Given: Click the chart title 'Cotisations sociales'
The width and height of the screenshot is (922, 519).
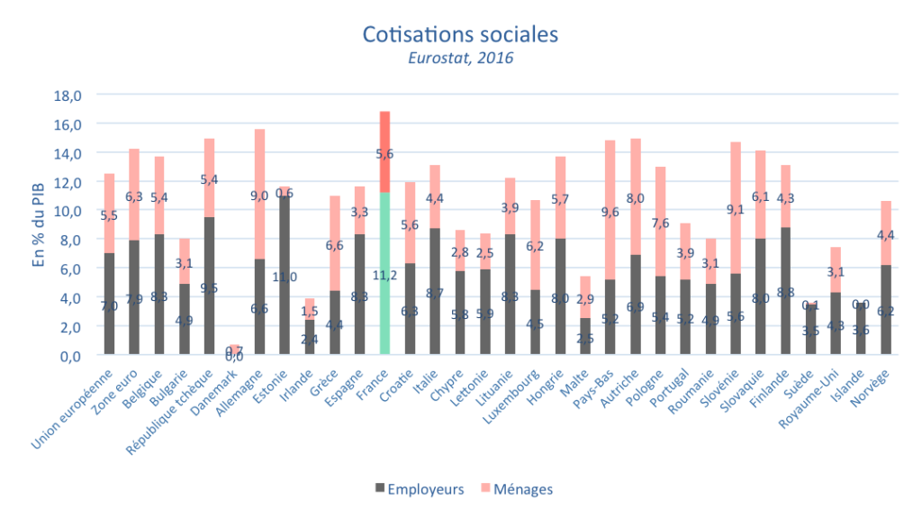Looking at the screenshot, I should pyautogui.click(x=460, y=34).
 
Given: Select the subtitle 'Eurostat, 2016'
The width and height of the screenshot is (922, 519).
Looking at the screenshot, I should pyautogui.click(x=460, y=59).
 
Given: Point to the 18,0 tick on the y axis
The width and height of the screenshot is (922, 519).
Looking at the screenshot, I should pyautogui.click(x=69, y=95).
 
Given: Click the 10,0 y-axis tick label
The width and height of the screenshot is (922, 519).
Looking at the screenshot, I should pyautogui.click(x=69, y=211).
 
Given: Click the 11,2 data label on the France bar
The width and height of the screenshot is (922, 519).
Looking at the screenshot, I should pyautogui.click(x=384, y=275).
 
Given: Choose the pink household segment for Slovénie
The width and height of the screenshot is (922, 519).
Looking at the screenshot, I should pyautogui.click(x=735, y=207).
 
